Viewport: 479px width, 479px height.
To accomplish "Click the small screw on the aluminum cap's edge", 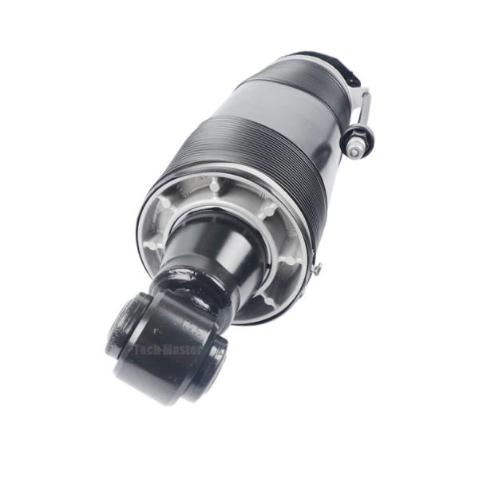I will pyautogui.click(x=317, y=270).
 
